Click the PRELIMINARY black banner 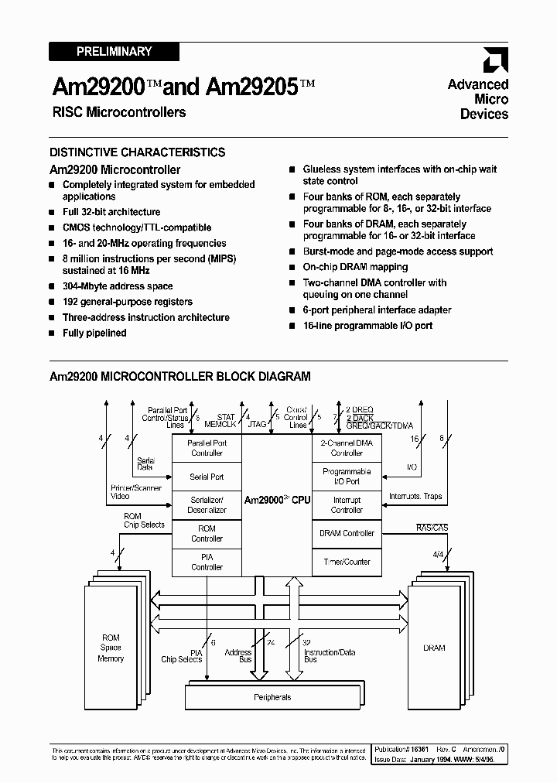pos(114,52)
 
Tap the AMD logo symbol pos(495,61)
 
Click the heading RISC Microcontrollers pos(119,112)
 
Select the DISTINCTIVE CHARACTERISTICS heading pos(138,152)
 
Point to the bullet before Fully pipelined pos(52,333)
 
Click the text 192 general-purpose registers pos(128,302)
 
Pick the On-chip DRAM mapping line pos(355,267)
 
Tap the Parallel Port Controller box pos(207,448)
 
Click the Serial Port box pos(207,477)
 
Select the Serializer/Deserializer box pos(207,505)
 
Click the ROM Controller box pos(207,533)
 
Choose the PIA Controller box pos(207,562)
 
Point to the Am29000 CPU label pos(277,501)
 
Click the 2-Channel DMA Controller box pos(347,448)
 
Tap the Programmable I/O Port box pos(347,477)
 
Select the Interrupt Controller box pos(347,505)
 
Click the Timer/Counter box pos(347,562)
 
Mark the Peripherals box pos(272,697)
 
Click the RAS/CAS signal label pos(432,528)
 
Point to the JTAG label pos(257,425)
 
